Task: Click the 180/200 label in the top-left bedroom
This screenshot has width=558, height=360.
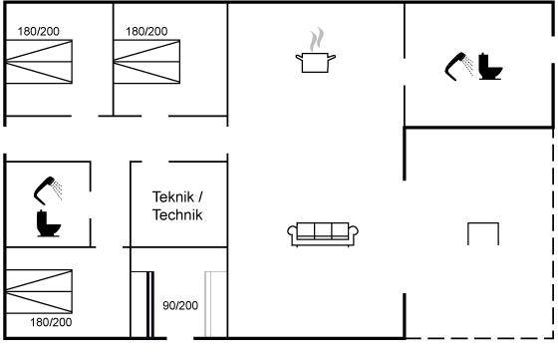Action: (39, 31)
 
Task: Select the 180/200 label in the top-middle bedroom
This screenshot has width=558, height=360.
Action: (146, 31)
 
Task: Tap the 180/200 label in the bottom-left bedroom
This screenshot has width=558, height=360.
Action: (51, 322)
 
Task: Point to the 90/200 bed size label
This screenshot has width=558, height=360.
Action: (180, 305)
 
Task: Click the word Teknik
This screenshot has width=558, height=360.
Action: (173, 196)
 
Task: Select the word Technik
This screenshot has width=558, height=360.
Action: (177, 215)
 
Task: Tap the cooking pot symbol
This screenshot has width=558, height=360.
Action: (316, 62)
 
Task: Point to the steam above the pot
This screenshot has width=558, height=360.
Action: (317, 39)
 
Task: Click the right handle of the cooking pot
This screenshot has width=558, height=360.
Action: (332, 57)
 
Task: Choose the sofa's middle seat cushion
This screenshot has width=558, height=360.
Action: (323, 230)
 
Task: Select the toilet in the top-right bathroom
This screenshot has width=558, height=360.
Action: (490, 66)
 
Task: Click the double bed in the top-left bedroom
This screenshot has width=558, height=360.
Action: (39, 62)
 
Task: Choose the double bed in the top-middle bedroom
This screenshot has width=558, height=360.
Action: (146, 62)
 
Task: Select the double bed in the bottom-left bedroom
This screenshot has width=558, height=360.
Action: (39, 291)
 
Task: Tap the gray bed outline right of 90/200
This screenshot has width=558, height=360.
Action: (215, 304)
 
